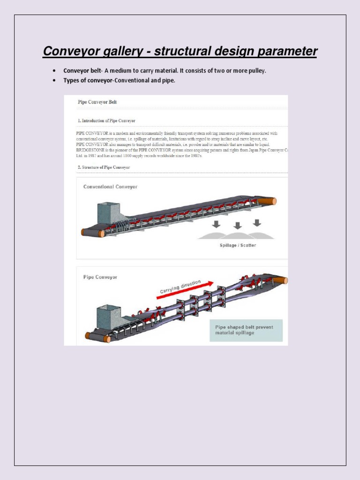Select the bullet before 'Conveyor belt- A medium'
pos(54,71)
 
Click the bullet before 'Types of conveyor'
pos(54,81)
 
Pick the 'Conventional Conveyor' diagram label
pos(110,187)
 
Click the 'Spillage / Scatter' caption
pos(238,245)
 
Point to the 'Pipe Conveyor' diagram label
pos(100,277)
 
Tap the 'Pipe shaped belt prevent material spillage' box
pos(246,330)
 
